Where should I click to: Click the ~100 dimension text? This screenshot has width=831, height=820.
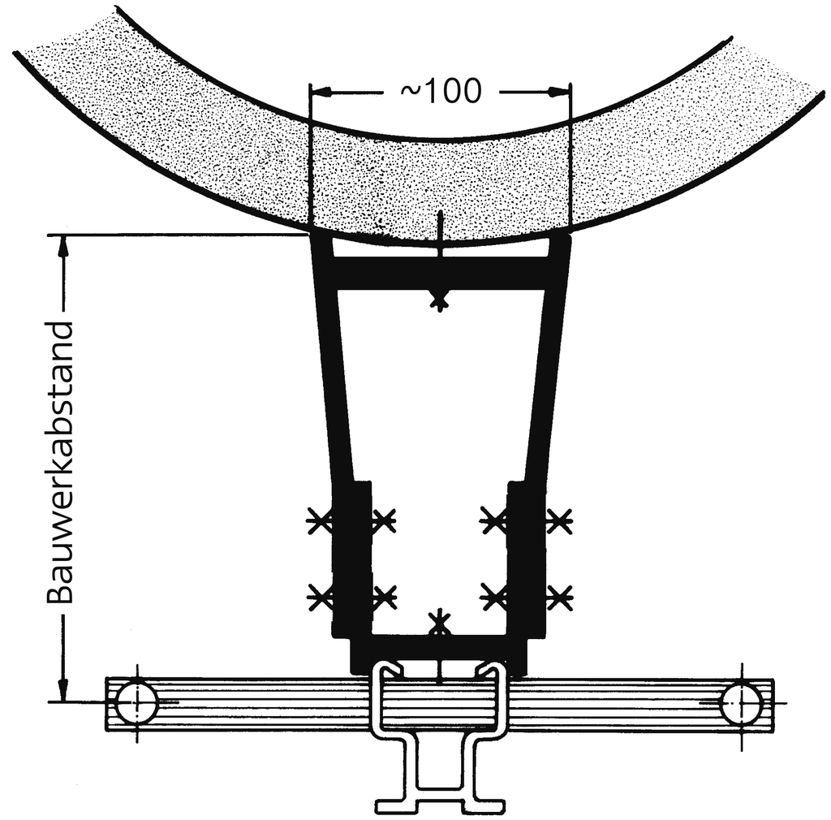441,92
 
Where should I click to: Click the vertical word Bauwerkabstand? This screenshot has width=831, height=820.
60,464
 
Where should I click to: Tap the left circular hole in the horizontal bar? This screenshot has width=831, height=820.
136,703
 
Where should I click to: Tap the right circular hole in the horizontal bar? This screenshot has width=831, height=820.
740,703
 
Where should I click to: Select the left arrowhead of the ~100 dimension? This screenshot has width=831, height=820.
317,92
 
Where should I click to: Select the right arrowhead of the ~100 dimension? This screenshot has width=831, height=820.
564,92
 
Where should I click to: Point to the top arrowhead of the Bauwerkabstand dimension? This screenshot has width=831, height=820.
61,244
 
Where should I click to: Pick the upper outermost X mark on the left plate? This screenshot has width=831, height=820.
320,520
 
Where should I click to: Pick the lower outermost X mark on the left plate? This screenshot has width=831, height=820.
320,598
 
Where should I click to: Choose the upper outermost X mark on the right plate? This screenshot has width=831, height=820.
559,520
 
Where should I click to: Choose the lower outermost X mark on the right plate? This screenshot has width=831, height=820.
559,598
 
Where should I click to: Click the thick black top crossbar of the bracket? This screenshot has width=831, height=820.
439,274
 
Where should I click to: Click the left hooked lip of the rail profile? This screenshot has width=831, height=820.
389,670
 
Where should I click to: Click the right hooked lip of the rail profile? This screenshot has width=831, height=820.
490,670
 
